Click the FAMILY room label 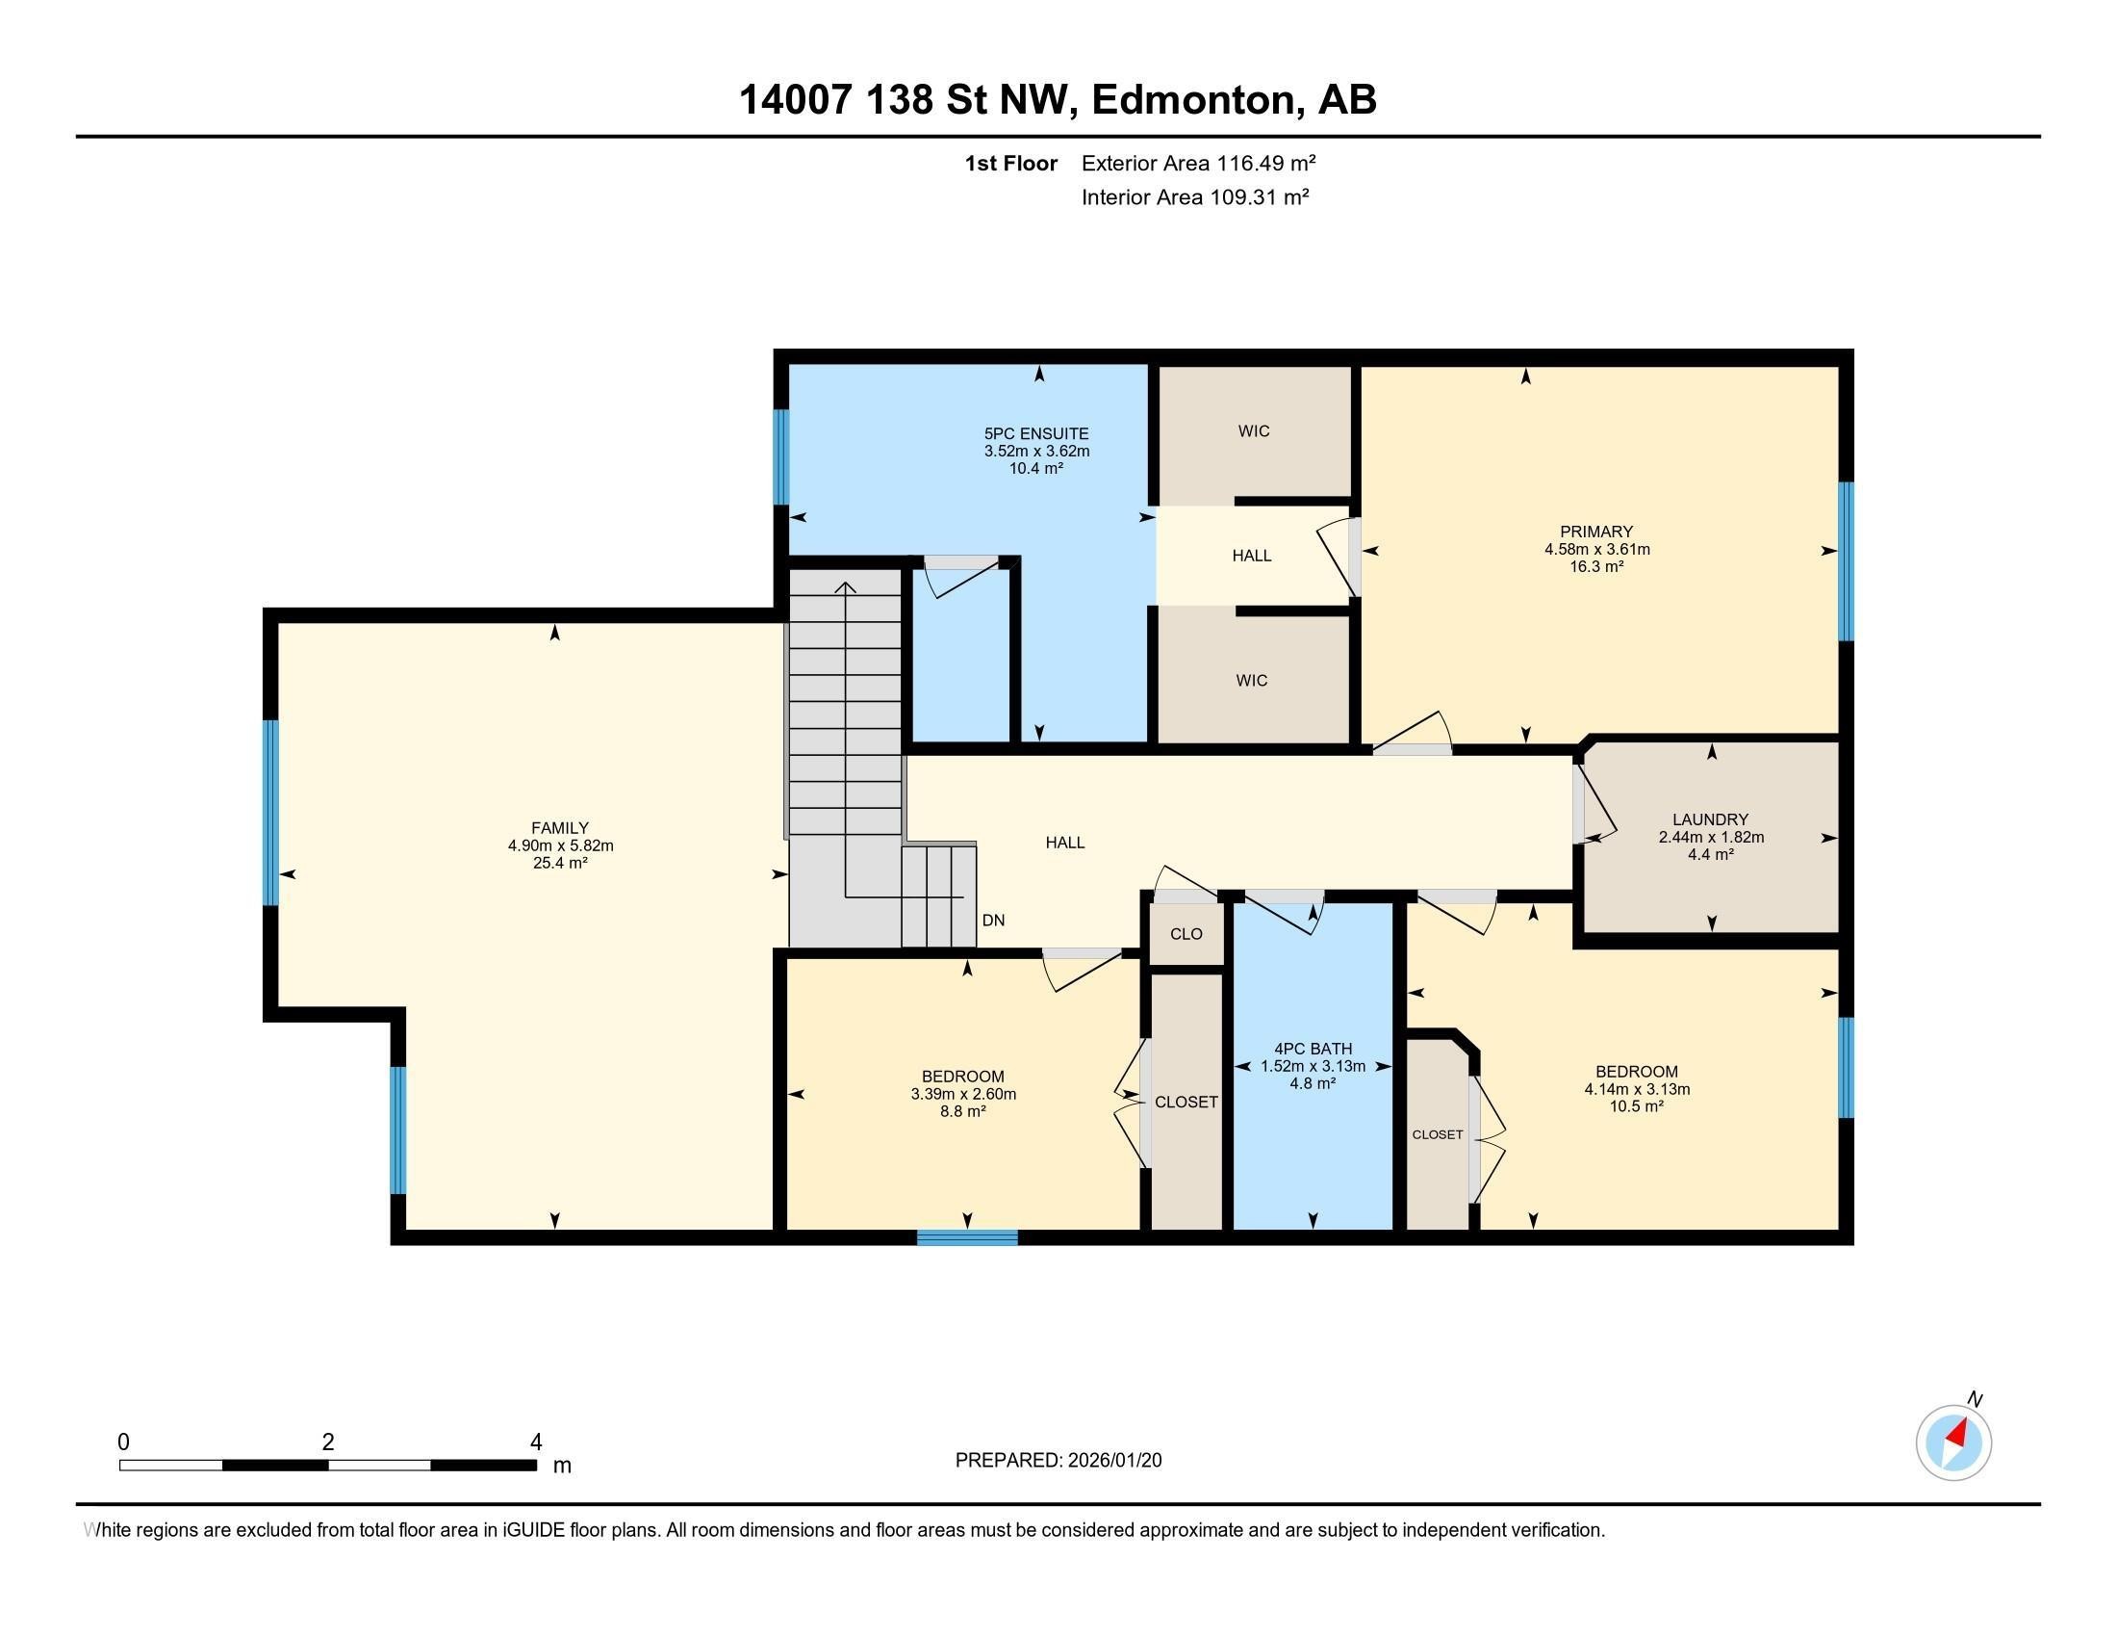559,828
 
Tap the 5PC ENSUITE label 1036,433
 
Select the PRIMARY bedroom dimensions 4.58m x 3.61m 1596,549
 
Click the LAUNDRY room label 1710,819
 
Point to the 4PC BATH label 1313,1049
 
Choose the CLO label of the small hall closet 1186,934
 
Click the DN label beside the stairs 993,921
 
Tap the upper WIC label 1253,430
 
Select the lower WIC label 1251,681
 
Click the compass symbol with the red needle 1953,1443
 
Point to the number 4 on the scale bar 536,1442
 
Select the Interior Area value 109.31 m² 1259,197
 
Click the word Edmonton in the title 1192,100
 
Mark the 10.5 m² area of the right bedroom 1636,1106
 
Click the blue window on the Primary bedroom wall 1846,561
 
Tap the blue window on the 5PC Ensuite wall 781,456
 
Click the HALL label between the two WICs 1251,556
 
